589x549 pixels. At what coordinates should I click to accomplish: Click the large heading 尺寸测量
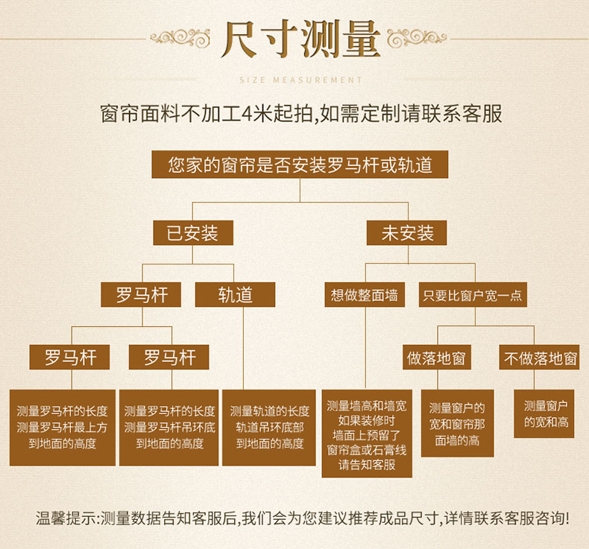(x=300, y=39)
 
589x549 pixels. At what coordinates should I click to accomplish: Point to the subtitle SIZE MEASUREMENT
(x=300, y=80)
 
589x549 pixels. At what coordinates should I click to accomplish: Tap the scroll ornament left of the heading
(x=180, y=38)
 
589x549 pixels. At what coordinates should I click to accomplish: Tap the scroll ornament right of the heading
(x=417, y=38)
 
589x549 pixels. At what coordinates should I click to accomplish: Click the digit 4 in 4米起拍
(x=247, y=114)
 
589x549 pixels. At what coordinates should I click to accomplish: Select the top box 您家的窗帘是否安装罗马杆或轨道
(x=300, y=165)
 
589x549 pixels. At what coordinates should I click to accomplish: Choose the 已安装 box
(x=193, y=232)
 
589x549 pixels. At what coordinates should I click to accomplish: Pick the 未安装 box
(x=407, y=232)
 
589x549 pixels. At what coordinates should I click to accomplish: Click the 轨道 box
(x=235, y=294)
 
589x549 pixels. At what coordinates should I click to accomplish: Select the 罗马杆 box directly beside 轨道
(x=141, y=294)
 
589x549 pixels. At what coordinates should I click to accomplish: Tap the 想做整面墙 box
(x=365, y=294)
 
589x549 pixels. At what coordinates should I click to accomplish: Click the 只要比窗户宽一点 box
(x=473, y=294)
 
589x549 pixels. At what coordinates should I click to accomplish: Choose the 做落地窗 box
(x=437, y=358)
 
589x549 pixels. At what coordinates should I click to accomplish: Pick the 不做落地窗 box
(x=539, y=358)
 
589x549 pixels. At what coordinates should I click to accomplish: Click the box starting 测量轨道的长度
(x=269, y=428)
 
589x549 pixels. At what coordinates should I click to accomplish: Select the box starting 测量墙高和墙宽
(x=367, y=434)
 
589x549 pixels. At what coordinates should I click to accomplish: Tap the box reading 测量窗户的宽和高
(x=544, y=414)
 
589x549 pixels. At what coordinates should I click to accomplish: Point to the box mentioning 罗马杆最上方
(x=63, y=428)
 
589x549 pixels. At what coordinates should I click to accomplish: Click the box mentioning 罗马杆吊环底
(x=168, y=428)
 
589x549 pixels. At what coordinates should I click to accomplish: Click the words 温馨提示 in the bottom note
(x=66, y=518)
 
